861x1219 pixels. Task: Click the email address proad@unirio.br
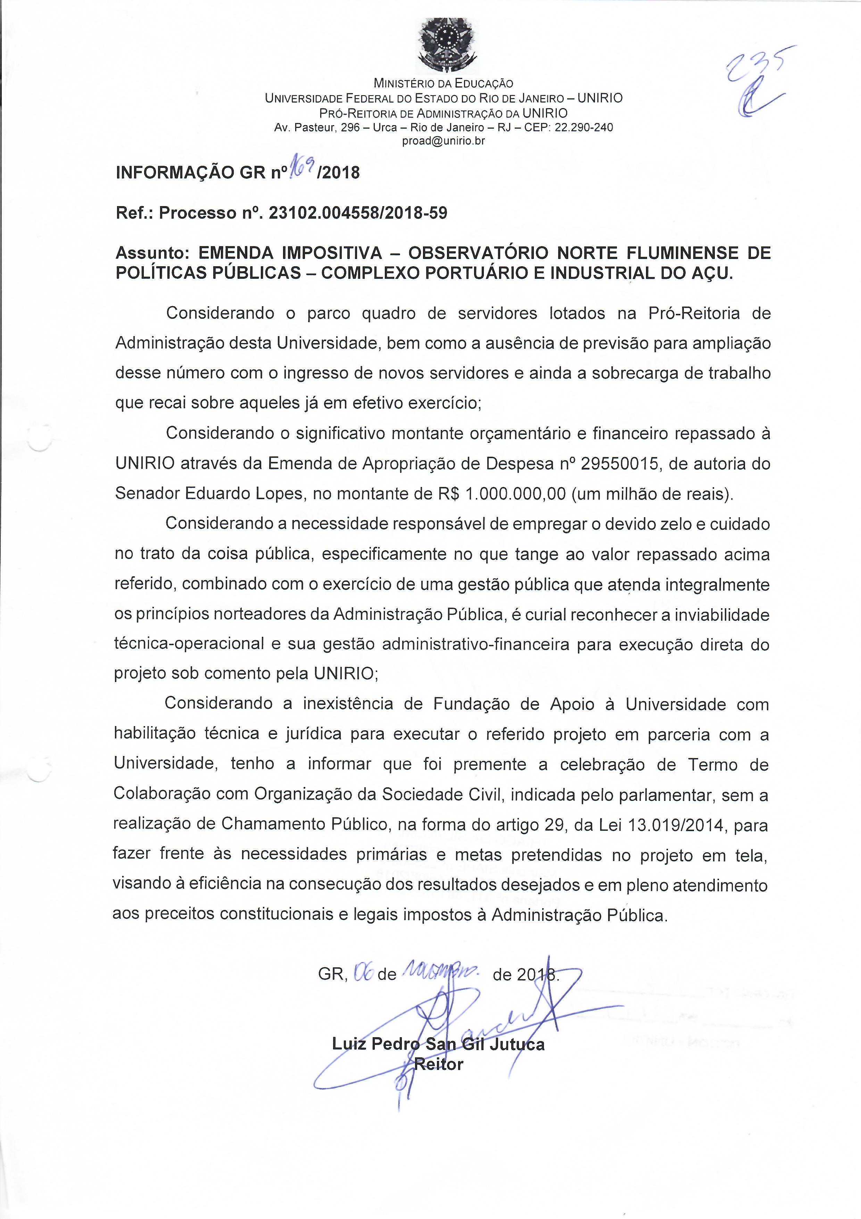(444, 141)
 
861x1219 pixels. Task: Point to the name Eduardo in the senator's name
(218, 494)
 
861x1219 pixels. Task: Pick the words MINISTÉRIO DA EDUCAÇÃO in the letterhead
(444, 83)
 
